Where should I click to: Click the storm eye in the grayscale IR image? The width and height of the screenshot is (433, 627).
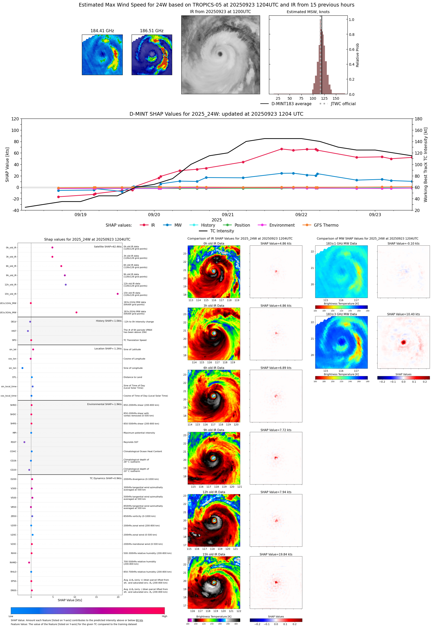(220, 54)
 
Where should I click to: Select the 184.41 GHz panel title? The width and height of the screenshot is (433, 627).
(102, 31)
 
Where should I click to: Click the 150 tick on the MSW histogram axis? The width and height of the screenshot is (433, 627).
(336, 98)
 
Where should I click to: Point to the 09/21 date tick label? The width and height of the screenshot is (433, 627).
(228, 215)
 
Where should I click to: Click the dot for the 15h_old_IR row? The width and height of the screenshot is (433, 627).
(117, 294)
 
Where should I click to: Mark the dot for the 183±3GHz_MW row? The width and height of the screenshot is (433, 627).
(76, 312)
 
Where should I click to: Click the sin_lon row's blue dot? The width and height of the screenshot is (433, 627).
(22, 368)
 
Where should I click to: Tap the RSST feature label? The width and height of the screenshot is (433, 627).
(13, 442)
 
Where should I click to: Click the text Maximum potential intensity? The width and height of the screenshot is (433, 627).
(139, 433)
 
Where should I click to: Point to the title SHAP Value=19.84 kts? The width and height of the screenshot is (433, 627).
(276, 554)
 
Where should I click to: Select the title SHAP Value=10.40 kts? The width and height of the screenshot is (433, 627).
(403, 314)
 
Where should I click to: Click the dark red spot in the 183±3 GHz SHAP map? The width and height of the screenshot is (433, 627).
(403, 342)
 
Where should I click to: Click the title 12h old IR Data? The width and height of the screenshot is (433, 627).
(214, 492)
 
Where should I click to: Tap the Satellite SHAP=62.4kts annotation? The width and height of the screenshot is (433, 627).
(108, 247)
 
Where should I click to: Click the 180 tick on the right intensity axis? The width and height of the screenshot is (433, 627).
(418, 119)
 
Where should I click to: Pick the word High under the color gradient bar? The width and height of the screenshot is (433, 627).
(164, 616)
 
